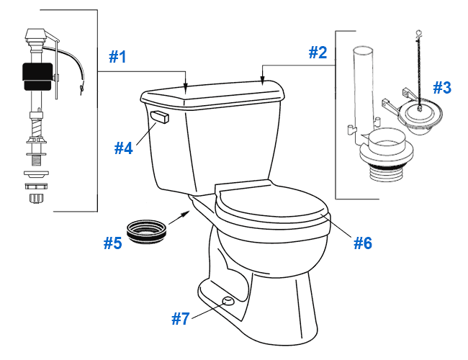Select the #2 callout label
click(x=318, y=53)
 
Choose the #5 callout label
click(x=112, y=243)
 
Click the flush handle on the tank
click(x=158, y=117)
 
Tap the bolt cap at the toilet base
click(x=228, y=300)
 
